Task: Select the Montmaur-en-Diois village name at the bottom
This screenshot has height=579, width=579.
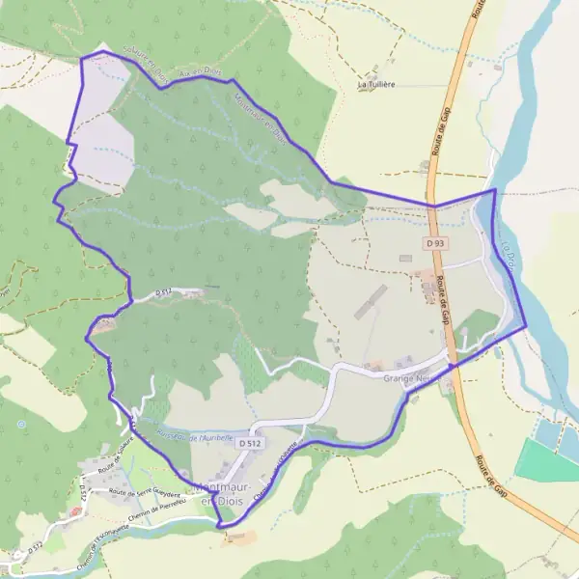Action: [224, 496]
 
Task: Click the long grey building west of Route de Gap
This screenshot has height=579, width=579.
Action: [369, 301]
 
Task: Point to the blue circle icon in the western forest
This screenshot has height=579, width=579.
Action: [20, 424]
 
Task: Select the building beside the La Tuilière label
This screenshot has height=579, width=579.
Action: [373, 73]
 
